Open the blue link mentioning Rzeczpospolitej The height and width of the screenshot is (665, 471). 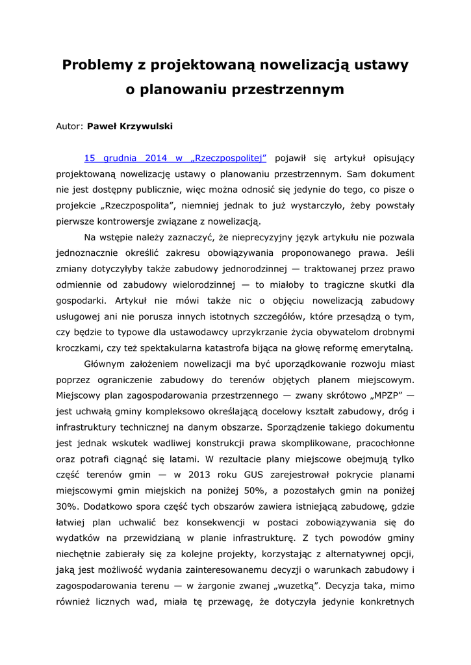[175, 158]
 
